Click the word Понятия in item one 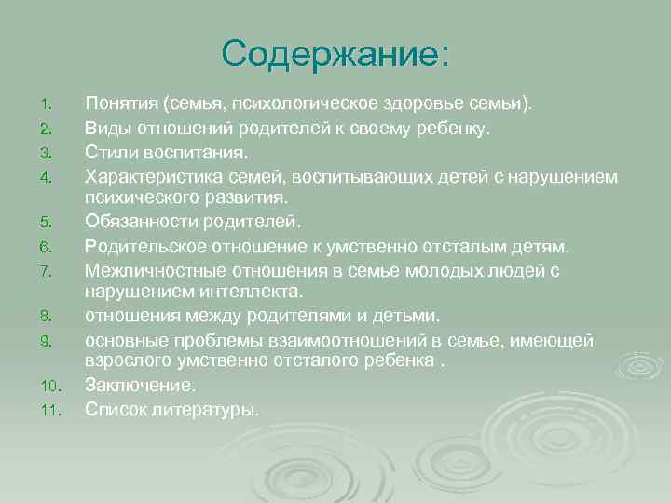pyautogui.click(x=121, y=102)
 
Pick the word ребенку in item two pyautogui.click(x=451, y=126)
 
